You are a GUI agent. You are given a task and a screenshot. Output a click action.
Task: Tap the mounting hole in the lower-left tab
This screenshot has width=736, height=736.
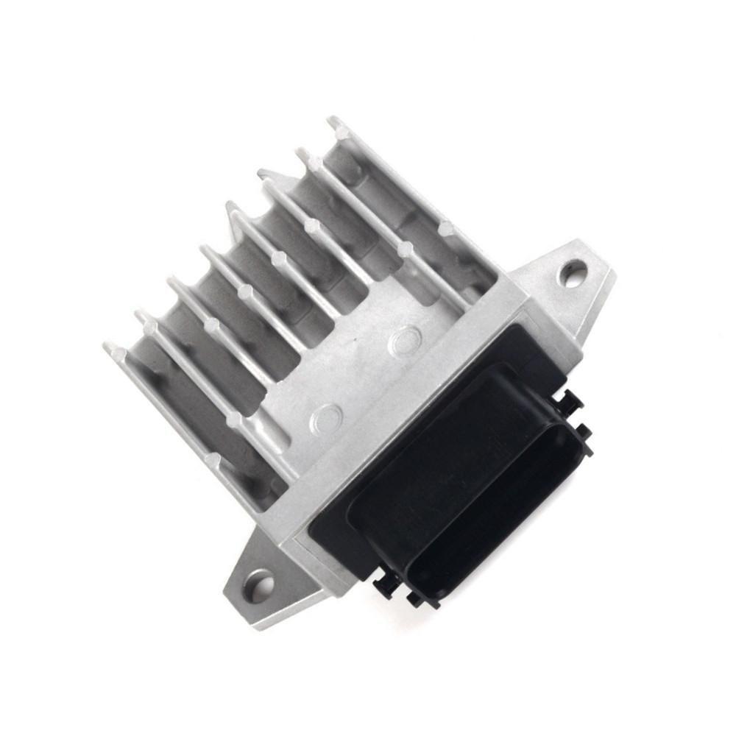[x=259, y=587]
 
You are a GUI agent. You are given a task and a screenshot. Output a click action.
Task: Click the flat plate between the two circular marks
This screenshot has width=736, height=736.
[x=364, y=379]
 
